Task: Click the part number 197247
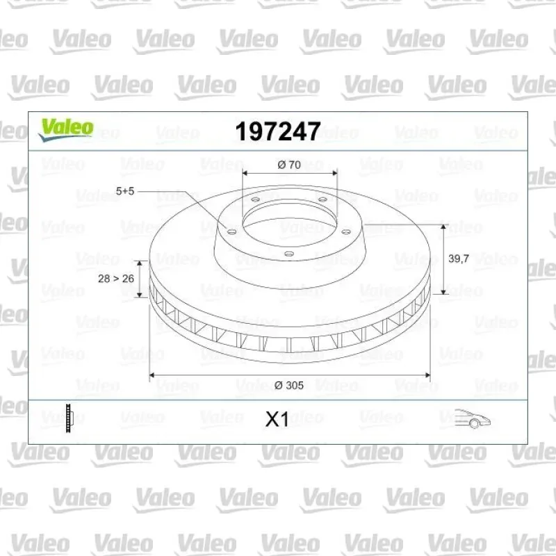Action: point(278,131)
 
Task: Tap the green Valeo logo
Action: point(66,129)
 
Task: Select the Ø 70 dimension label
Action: point(289,165)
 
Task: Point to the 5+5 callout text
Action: point(125,191)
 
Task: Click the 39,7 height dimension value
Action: point(459,259)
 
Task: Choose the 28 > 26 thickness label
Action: point(116,279)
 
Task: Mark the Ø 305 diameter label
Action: point(289,385)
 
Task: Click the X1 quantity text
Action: point(277,420)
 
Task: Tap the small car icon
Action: point(473,418)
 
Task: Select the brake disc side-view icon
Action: point(69,418)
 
